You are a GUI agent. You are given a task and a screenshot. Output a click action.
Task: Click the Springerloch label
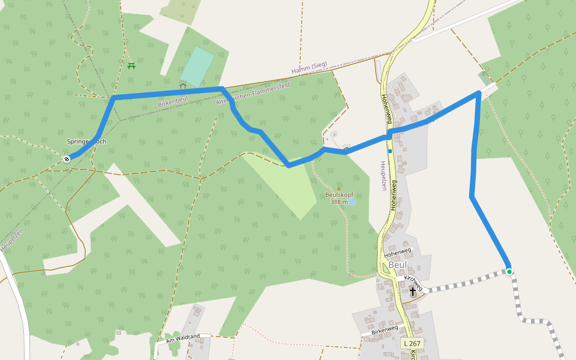[x=86, y=142]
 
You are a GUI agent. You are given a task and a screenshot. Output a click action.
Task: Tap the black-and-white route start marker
[x=67, y=158]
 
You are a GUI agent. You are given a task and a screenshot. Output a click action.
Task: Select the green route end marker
[x=509, y=272]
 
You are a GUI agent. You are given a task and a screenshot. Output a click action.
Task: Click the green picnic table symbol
[x=131, y=65]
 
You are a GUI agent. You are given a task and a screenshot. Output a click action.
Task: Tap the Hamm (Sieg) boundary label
[x=309, y=70]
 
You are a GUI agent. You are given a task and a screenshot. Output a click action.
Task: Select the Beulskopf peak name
[x=340, y=195]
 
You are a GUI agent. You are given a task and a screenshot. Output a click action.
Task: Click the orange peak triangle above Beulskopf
[x=338, y=188]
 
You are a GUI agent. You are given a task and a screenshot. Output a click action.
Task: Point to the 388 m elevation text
[x=338, y=202]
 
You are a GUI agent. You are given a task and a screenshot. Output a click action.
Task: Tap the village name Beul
[x=397, y=264]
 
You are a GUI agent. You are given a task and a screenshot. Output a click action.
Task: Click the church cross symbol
[x=413, y=292]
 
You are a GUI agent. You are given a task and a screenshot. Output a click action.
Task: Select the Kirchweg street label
[x=413, y=284]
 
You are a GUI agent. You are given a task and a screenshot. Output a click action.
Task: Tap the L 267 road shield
[x=412, y=343]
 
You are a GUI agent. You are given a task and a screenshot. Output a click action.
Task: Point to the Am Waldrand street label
[x=182, y=337]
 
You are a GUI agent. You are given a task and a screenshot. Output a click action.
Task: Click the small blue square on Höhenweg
[x=389, y=151]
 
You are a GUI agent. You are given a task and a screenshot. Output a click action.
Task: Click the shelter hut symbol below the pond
[x=182, y=86]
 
